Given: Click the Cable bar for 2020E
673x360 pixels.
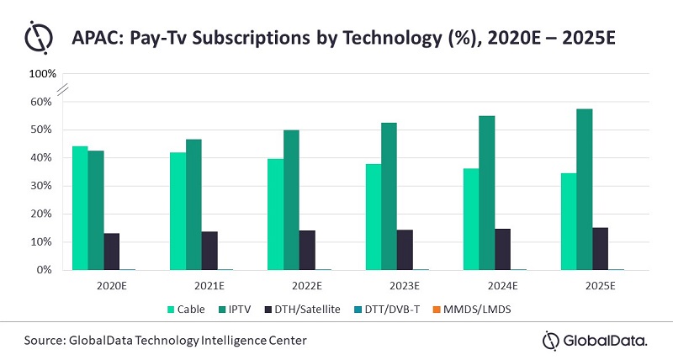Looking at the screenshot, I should pos(80,209).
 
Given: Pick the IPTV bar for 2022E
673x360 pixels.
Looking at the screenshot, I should pos(291,200).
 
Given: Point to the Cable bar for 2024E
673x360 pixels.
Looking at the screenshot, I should pos(470,220).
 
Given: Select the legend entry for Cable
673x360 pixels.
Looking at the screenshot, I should pos(192,309).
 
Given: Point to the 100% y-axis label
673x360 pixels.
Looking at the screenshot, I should pos(42,74).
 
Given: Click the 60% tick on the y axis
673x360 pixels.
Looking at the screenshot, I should pos(42,102).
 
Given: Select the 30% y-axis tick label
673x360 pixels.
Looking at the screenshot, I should pos(42,186).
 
